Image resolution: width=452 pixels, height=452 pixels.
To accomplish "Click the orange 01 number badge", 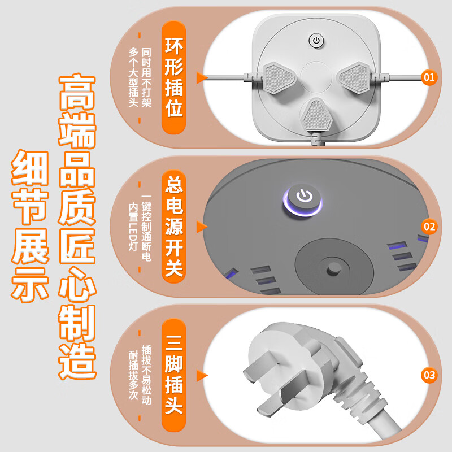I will coord(429,77).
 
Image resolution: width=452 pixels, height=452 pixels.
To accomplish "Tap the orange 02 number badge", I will coord(429,227).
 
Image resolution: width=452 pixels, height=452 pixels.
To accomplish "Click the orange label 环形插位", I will coord(173,78).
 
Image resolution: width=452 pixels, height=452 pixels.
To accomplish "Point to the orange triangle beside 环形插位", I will coord(199,78).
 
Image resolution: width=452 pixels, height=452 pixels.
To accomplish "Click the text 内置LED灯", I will coord(133,226).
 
